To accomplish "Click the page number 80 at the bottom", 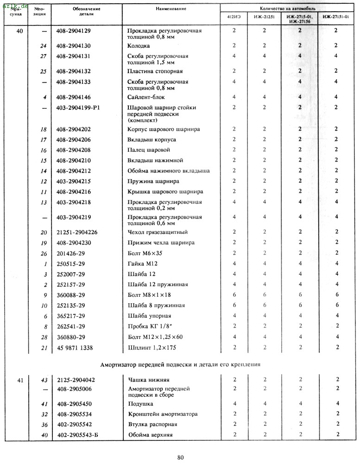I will coord(181,457).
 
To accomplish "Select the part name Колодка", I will coord(139,46).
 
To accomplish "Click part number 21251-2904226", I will coord(77,232).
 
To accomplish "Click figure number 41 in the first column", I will coord(19,380).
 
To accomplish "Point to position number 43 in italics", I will coord(44,380).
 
